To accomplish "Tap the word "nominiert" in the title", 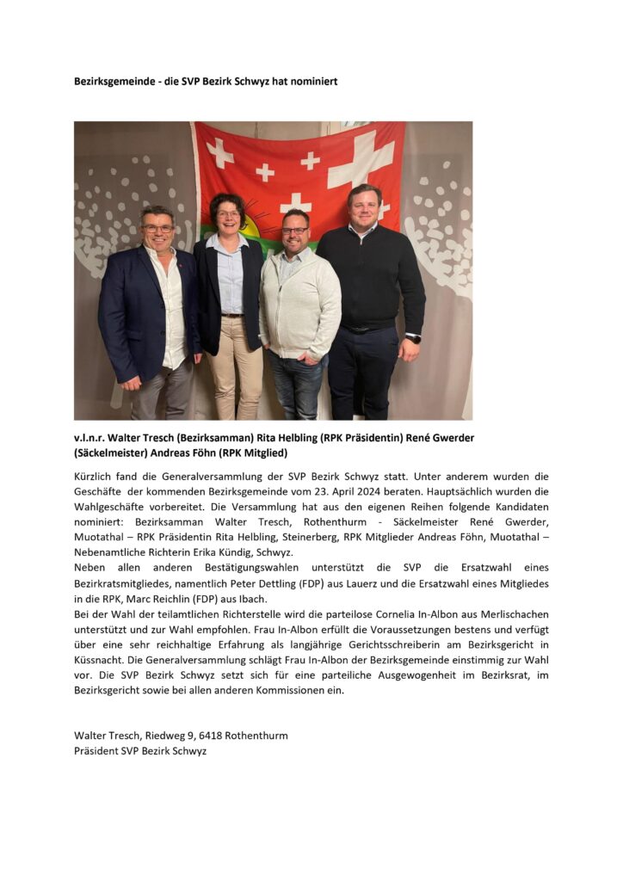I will coord(311,82).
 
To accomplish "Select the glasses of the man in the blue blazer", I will coord(157,228).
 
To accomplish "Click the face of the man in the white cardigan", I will coord(295,229).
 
